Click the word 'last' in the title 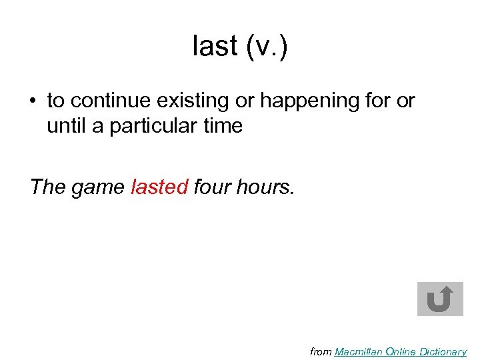(215, 47)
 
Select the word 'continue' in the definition (109, 101)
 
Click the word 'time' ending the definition (223, 125)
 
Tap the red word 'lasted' (159, 187)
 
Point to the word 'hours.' (265, 187)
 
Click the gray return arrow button (440, 299)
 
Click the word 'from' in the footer (321, 352)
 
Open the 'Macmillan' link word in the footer (359, 352)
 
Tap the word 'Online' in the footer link (400, 352)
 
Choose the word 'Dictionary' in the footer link (442, 352)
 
